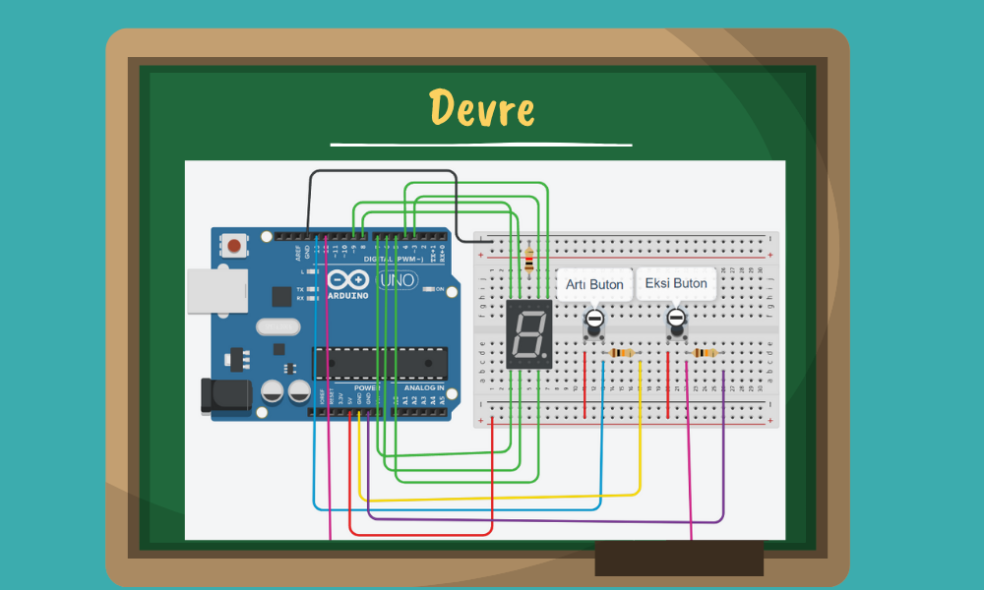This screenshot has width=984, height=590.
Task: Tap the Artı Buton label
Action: tap(594, 284)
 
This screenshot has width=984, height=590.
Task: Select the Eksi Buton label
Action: tap(675, 283)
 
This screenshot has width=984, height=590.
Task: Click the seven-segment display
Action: tap(528, 334)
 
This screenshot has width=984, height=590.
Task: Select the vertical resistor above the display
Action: tap(530, 260)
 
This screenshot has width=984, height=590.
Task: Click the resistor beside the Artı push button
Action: tap(622, 353)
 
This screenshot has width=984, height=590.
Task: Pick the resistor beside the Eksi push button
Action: tap(705, 353)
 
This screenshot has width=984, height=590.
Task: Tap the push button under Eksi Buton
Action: tap(676, 321)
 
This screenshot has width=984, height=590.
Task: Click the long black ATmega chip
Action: tap(380, 363)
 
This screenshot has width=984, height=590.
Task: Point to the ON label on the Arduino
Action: tap(440, 289)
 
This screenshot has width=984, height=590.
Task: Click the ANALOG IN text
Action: tap(424, 388)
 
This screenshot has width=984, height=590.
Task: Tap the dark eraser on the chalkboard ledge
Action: tap(679, 558)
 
